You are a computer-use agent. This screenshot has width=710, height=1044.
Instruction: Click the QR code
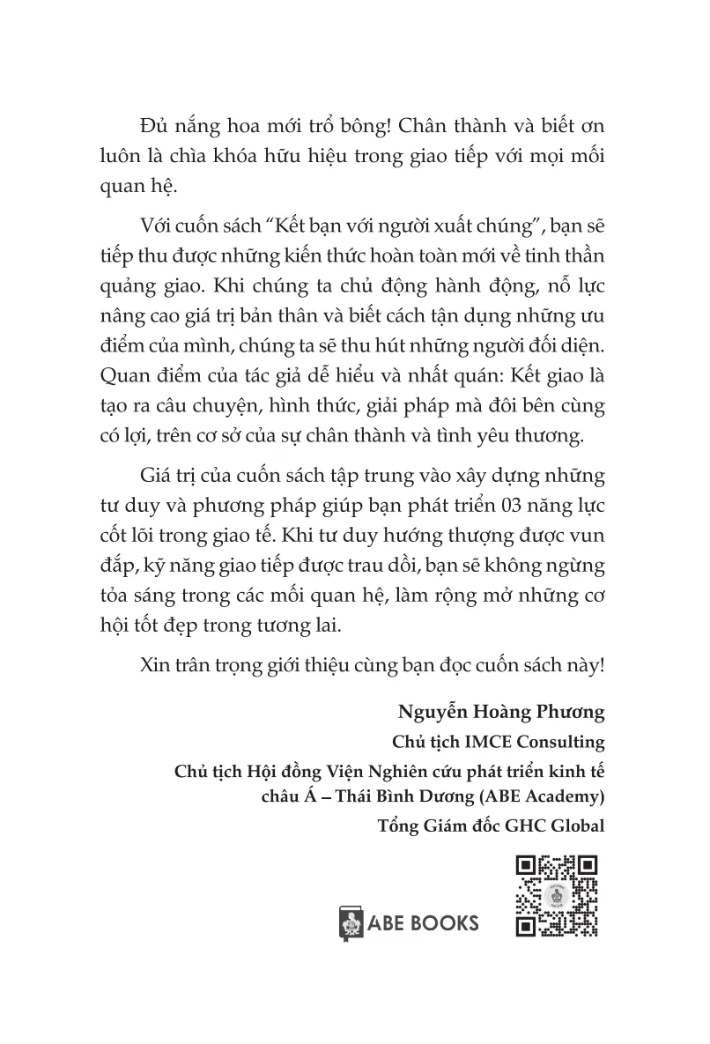[x=556, y=896]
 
